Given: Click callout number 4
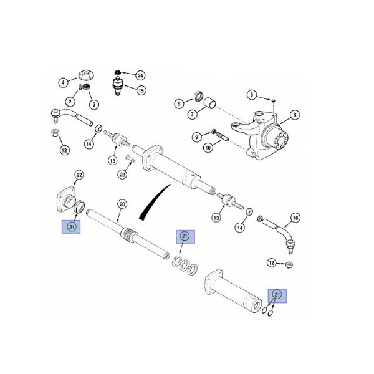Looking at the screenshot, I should tap(63, 82).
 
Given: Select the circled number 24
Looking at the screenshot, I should tap(140, 75).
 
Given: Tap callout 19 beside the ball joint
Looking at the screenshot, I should tap(141, 90).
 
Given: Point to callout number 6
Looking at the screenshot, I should tap(178, 103).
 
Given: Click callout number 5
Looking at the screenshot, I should tap(252, 95).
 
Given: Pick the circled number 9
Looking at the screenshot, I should tap(196, 136).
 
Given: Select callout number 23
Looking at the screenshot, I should tap(122, 175).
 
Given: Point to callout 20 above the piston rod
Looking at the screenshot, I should tap(122, 204).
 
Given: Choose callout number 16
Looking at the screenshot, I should tap(295, 218).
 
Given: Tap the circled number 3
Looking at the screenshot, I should tap(94, 103).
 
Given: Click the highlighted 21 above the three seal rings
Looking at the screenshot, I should tap(185, 237).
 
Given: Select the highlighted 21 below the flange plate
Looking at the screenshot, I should tap(72, 228).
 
